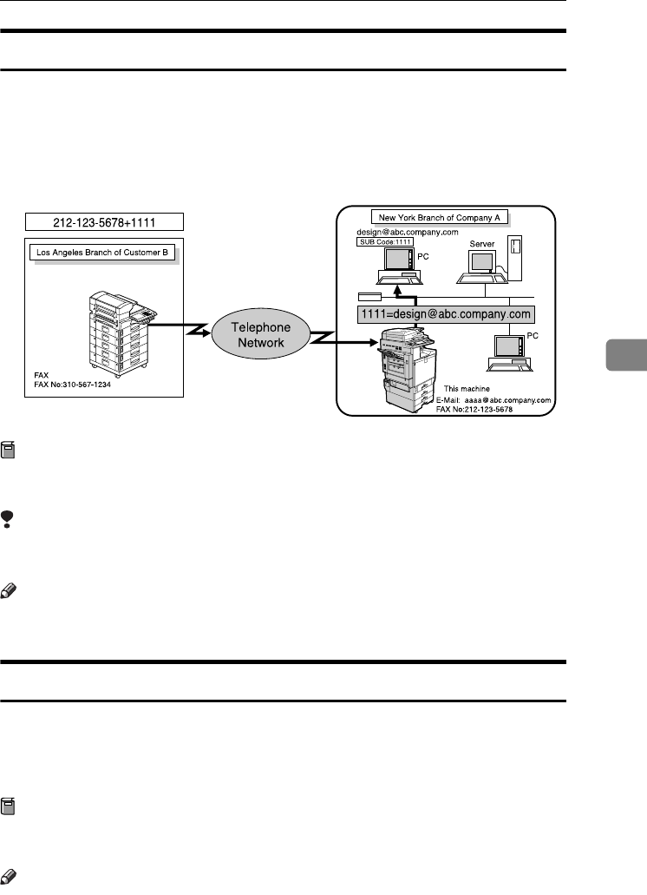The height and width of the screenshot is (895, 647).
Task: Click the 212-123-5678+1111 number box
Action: pyautogui.click(x=104, y=221)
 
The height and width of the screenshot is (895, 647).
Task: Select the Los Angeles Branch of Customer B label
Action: pyautogui.click(x=103, y=253)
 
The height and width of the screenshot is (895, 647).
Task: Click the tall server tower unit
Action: pyautogui.click(x=515, y=258)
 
